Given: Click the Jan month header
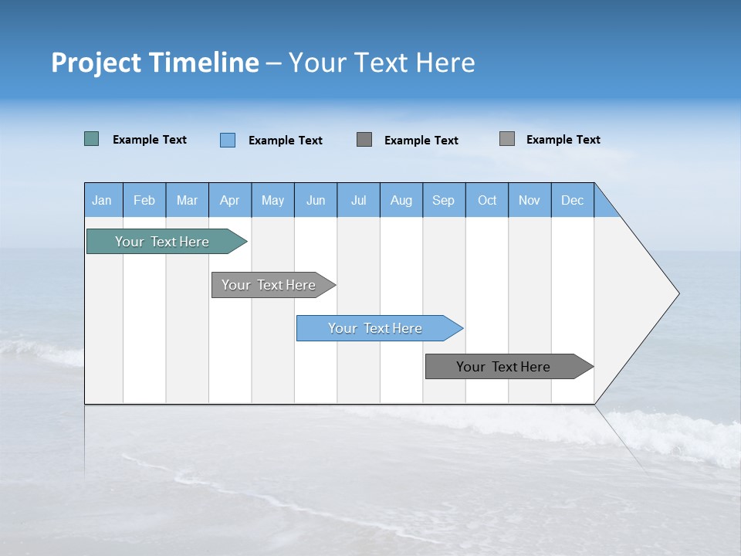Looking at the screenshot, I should coord(103,200).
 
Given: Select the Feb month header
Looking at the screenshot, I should coord(144,200).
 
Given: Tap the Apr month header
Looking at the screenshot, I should coord(230,200).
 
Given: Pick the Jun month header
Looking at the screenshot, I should coord(316,200).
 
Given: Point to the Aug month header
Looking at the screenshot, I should coord(401,200).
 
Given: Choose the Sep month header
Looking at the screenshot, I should coord(444,200).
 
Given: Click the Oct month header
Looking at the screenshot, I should coord(487,200).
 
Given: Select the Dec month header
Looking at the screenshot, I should coord(573,200).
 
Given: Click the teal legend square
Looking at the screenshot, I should coord(91,139).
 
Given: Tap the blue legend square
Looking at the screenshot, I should coord(228,140).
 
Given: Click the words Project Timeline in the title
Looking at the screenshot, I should coord(154,63).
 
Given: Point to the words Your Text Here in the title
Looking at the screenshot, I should coord(381,63).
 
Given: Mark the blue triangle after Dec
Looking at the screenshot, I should coord(604,206).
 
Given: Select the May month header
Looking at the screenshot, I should coord(272,200).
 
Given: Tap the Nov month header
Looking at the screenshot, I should coord(530,200).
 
